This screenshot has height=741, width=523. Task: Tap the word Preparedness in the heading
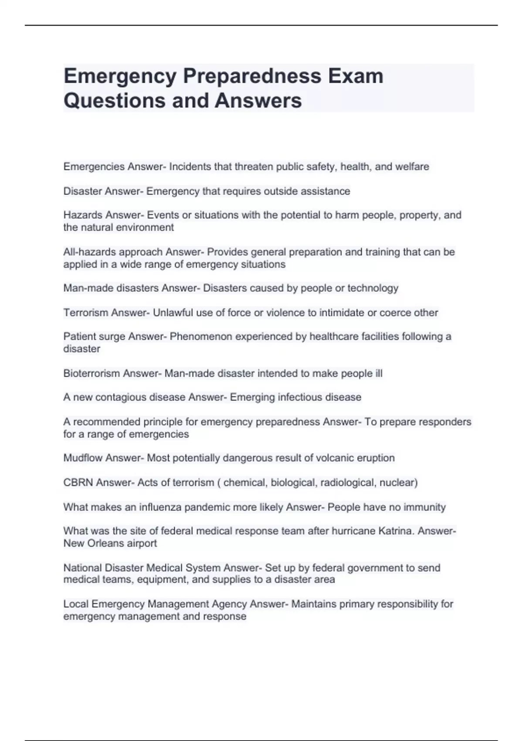252,76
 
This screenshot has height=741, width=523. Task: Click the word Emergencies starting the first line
94,167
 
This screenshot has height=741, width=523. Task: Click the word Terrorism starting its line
85,313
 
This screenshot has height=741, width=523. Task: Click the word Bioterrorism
92,373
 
